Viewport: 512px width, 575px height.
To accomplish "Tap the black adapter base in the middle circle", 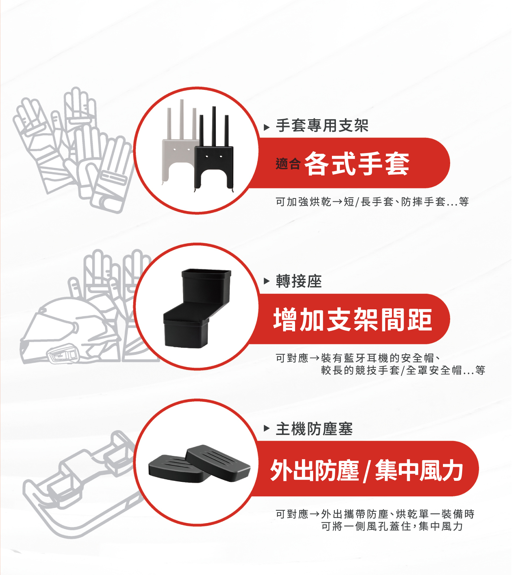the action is (x=197, y=308).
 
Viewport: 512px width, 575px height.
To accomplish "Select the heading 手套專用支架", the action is (x=322, y=126).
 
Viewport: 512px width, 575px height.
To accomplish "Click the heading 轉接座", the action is (x=299, y=281).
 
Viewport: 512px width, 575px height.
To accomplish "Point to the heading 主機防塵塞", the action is (x=314, y=429).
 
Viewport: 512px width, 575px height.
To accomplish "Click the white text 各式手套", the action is (x=357, y=164).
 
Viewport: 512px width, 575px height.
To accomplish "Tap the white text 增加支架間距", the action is (x=353, y=319).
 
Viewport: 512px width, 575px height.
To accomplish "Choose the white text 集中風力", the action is (x=419, y=471).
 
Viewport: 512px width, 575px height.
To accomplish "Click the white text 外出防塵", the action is (x=315, y=471).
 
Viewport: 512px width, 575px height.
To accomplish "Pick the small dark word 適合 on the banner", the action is (x=288, y=164).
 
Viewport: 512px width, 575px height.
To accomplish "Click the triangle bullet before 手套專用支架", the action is (x=267, y=127).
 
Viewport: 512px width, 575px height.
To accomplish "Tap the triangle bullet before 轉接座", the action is (x=267, y=281).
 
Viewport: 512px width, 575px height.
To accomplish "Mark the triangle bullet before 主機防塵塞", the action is (x=267, y=428).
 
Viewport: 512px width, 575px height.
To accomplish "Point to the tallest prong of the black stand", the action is (x=214, y=126).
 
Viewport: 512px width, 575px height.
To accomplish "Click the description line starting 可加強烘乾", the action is (x=372, y=201).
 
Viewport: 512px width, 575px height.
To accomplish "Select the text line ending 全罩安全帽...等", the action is (x=403, y=370).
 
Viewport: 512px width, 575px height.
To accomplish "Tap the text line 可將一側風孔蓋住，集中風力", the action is (x=392, y=526).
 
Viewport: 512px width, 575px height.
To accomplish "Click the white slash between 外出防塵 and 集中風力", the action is (x=367, y=471).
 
